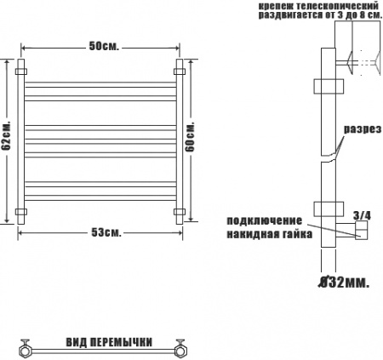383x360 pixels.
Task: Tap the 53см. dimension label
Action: [x=106, y=232]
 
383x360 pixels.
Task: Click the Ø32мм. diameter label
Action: [x=344, y=283]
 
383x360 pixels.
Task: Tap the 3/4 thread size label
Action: [x=362, y=216]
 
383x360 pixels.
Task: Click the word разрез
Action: [x=363, y=129]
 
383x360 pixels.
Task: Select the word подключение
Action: [x=264, y=220]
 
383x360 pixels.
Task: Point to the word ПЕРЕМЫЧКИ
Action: [x=122, y=342]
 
